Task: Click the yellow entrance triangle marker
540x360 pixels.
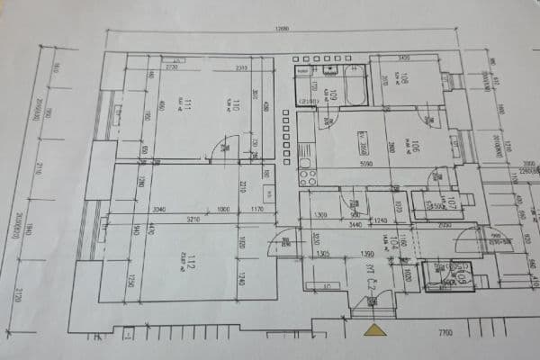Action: [374, 329]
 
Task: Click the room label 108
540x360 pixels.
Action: [404, 82]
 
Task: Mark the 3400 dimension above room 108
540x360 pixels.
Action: [403, 57]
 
